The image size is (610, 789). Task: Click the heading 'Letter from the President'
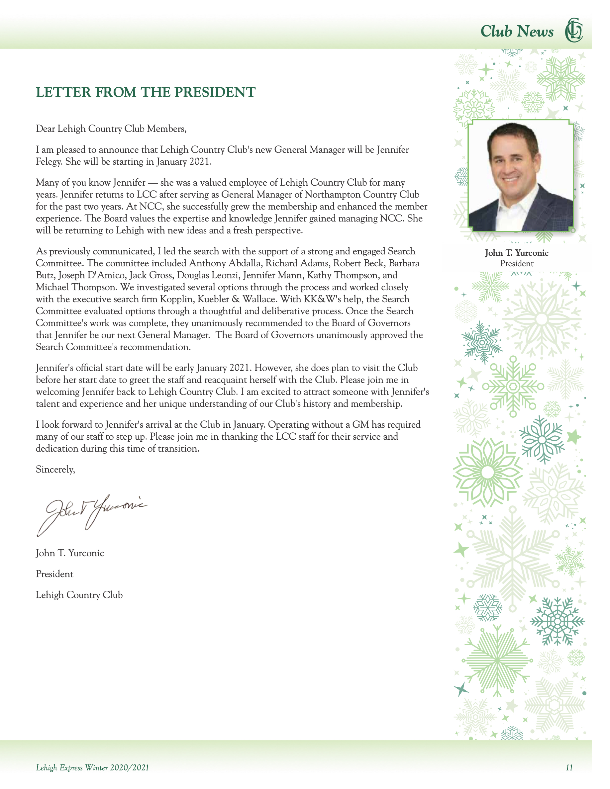point(145,93)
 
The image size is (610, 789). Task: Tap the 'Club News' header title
point(516,32)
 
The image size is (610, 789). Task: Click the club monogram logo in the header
point(573,30)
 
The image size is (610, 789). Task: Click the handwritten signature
point(92,513)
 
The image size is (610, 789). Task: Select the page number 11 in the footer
point(569,767)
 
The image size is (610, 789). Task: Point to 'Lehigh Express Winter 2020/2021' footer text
point(92,767)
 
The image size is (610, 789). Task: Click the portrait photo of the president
point(520,176)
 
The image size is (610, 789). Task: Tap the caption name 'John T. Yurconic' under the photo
point(516,253)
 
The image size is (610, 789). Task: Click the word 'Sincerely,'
point(55,469)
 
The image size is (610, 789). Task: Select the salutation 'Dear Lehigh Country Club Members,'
point(111,129)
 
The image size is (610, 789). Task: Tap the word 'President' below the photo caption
point(516,263)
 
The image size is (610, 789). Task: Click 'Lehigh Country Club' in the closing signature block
point(79,595)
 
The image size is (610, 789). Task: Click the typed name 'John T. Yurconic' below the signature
point(70,553)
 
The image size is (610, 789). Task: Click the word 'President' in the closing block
point(54,574)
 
